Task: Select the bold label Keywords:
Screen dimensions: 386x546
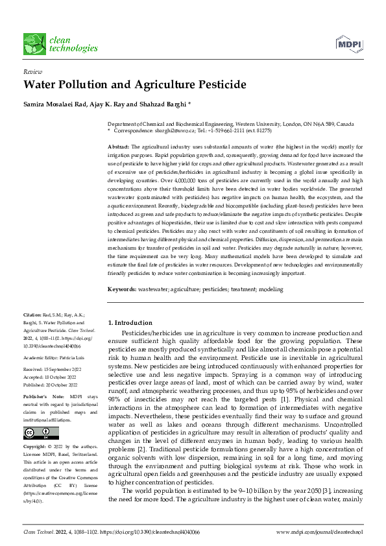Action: [x=121, y=289]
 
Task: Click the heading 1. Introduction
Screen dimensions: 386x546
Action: [x=130, y=322]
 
